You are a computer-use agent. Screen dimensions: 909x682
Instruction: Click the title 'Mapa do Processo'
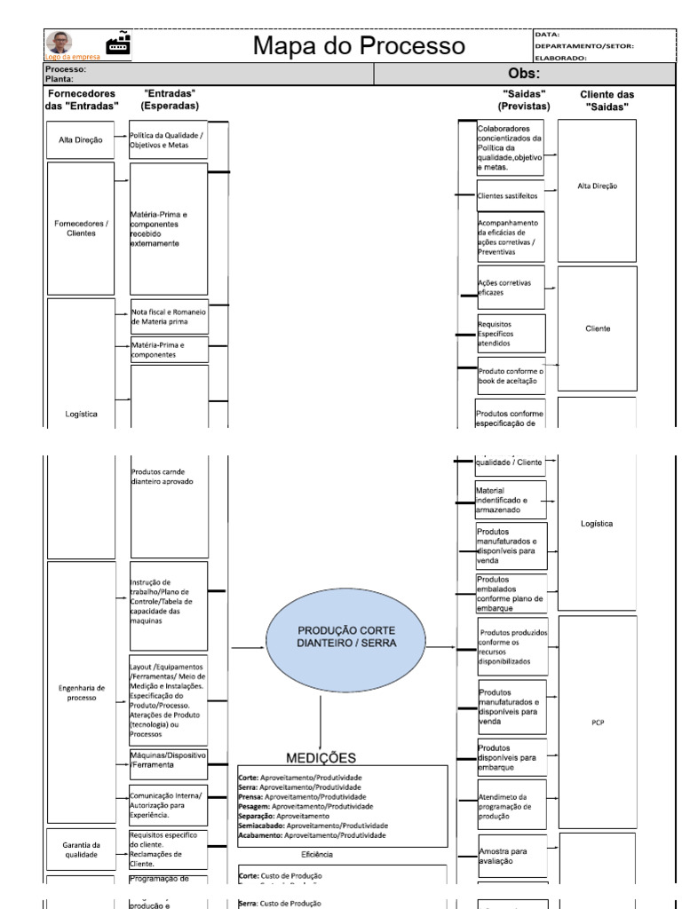click(x=359, y=46)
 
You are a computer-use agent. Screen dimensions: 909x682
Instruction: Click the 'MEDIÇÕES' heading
click(x=321, y=757)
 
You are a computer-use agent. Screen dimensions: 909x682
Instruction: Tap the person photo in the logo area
click(x=60, y=43)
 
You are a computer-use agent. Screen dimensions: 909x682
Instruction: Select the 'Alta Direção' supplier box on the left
click(x=81, y=139)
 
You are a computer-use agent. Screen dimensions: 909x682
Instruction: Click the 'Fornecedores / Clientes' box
click(x=81, y=228)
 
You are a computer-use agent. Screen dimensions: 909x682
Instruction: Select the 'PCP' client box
click(x=597, y=723)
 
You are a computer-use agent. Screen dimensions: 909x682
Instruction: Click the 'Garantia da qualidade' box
click(x=81, y=850)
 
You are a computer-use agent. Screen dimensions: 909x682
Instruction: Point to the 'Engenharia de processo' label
click(x=81, y=692)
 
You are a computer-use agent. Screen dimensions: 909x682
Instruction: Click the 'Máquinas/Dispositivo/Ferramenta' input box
click(x=169, y=759)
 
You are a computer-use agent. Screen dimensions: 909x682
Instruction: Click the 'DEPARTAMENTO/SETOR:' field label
click(x=583, y=46)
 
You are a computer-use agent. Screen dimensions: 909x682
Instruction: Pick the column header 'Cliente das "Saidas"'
click(x=607, y=99)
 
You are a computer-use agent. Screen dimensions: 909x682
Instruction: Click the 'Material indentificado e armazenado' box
click(x=510, y=500)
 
